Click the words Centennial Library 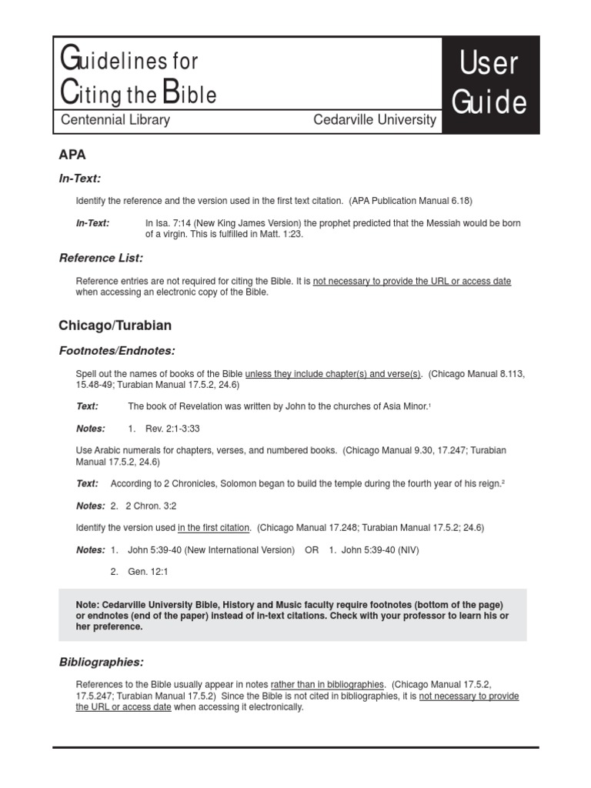click(115, 120)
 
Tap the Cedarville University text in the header click(374, 120)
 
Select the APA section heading click(72, 154)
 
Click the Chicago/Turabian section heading click(115, 326)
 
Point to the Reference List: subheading click(101, 258)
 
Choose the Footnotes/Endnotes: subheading click(117, 351)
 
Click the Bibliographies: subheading click(101, 662)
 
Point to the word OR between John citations click(312, 550)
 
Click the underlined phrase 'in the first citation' click(214, 528)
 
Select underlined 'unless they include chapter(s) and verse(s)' click(333, 373)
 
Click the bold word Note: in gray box click(87, 604)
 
